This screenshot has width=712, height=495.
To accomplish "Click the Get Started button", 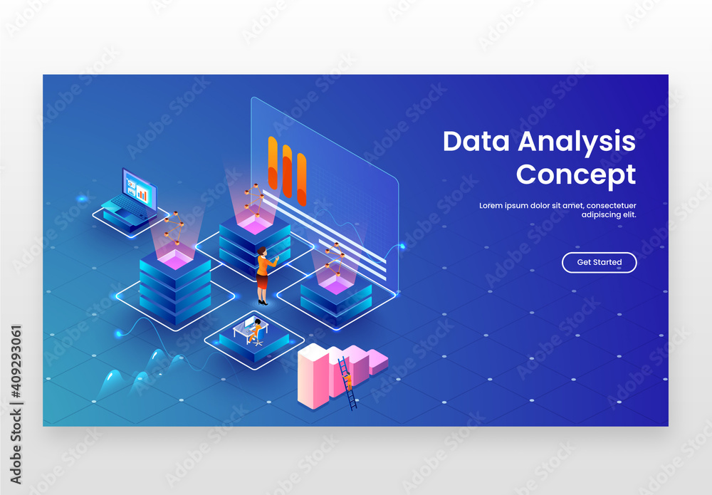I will coord(599,262).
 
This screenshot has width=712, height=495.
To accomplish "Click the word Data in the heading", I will coord(476,141).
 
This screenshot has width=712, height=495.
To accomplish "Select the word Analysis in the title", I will coord(577,142).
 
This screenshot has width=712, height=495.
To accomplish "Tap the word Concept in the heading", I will coord(575,174).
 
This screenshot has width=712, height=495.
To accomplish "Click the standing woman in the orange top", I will coord(263,275).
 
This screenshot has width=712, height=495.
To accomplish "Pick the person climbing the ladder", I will coord(348,379).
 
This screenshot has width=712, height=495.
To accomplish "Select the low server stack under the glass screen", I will coord(336,296).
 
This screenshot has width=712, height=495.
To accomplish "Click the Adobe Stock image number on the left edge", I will coord(16,370).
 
